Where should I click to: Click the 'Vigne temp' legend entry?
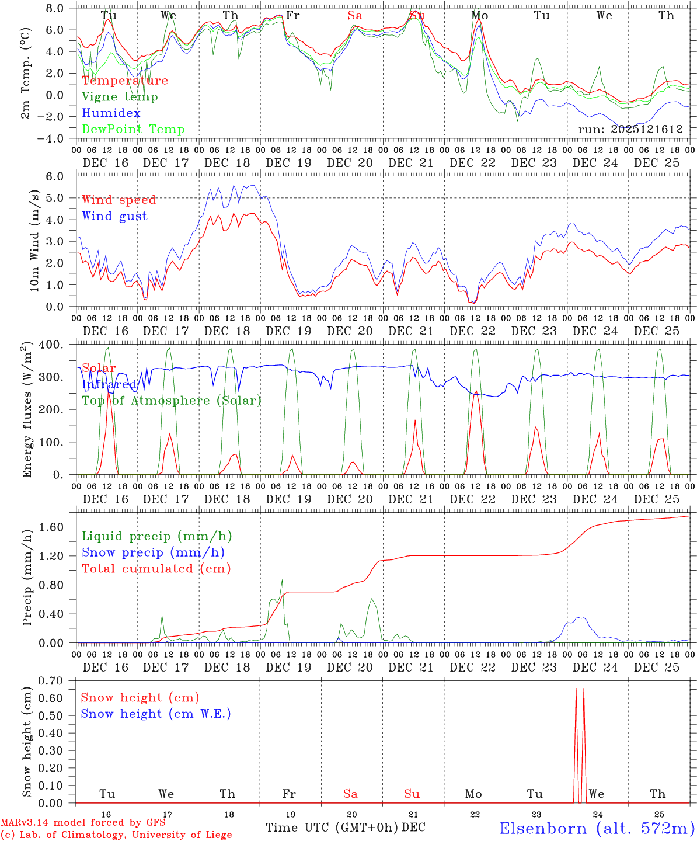[120, 97]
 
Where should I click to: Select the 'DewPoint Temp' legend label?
[133, 130]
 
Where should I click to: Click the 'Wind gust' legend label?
[114, 216]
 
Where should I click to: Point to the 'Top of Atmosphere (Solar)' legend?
[172, 401]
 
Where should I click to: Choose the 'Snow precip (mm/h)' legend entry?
[153, 552]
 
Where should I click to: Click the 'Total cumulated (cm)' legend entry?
[156, 569]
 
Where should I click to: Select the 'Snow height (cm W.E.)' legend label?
[156, 714]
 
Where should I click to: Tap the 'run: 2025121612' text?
[630, 130]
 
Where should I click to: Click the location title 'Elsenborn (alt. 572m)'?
[597, 828]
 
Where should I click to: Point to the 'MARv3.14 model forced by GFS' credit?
[83, 823]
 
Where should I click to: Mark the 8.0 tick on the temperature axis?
[58, 8]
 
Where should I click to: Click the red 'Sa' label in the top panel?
[355, 16]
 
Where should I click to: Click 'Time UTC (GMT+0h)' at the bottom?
[332, 828]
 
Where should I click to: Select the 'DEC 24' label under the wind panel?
[595, 331]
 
